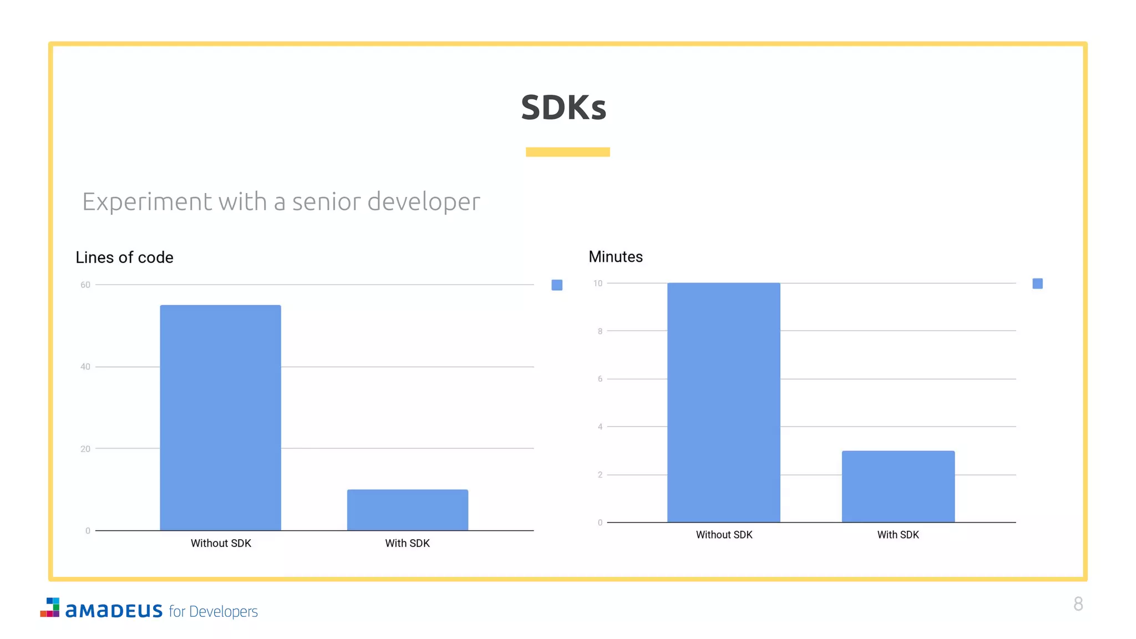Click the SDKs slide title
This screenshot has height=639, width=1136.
coord(564,107)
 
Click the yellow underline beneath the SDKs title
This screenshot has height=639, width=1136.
coord(567,152)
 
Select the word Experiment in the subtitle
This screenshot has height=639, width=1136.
coord(147,202)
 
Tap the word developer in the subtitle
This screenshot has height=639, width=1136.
coord(424,202)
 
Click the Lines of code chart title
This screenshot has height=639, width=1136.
coord(124,257)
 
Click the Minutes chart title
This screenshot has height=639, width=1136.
coord(615,257)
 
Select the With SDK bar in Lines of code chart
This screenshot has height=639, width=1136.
coord(407,510)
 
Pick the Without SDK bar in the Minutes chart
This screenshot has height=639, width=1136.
coord(723,402)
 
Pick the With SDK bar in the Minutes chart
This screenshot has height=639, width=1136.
coord(898,486)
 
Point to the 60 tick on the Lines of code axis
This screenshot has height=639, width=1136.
coord(85,285)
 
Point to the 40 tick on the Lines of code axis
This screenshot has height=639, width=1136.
coord(85,367)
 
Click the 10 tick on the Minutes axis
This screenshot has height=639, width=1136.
coord(597,283)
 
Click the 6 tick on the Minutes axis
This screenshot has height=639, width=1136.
coord(600,379)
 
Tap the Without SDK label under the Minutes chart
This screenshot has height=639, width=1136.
coord(724,535)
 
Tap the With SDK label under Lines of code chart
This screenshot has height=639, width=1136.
coord(407,544)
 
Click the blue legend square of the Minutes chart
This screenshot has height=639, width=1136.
coord(1037,283)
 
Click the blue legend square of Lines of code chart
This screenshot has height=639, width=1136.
coord(557,285)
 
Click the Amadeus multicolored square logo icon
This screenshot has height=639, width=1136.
coord(50,607)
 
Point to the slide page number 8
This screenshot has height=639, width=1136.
coord(1078,603)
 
